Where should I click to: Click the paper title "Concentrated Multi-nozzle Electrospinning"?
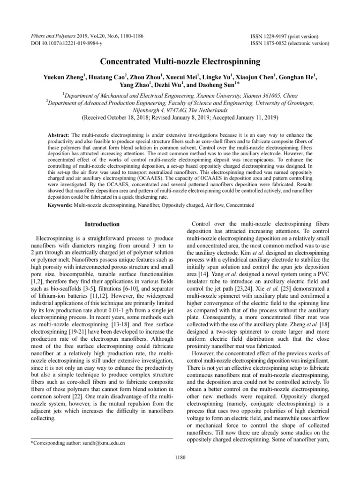coord(180,61)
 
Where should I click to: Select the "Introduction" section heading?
coord(102,225)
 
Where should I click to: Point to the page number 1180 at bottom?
coord(180,458)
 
